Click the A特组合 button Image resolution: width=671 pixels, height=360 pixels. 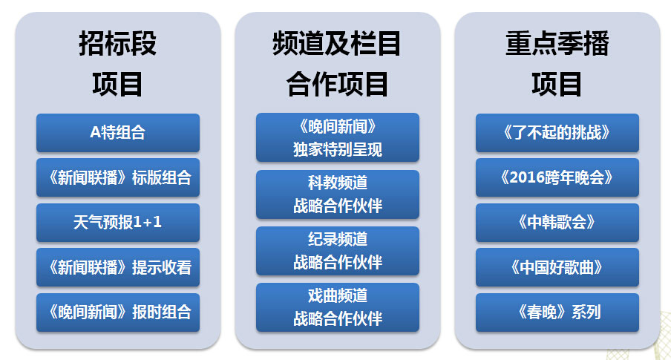coord(118,133)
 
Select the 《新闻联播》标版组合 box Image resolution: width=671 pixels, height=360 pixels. coord(118,177)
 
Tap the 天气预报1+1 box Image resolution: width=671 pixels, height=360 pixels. coord(118,223)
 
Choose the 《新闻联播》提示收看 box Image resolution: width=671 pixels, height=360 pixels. coord(118,267)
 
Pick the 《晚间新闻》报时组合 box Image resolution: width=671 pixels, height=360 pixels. coord(118,312)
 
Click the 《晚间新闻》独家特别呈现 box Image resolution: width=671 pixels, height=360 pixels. coord(338,137)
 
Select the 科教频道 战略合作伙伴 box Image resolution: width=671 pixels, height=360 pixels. coord(338,194)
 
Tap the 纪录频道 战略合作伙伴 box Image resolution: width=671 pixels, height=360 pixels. coord(338,251)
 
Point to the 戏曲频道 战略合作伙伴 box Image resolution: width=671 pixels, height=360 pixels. coord(338,307)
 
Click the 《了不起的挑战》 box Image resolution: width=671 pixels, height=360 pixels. coord(557,133)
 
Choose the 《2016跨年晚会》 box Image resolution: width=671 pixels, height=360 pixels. coord(557,177)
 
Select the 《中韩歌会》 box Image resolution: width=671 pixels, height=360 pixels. coord(557,223)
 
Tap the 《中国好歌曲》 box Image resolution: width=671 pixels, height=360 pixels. coord(557,267)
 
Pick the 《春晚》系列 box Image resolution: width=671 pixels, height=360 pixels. coord(557,312)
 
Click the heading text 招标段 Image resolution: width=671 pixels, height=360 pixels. coord(118,43)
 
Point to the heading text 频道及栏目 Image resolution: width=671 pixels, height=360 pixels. coord(337,43)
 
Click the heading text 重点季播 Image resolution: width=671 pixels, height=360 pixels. coord(557,43)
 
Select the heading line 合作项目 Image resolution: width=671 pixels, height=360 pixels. coord(337,84)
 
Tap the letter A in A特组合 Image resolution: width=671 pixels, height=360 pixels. coord(95,132)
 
